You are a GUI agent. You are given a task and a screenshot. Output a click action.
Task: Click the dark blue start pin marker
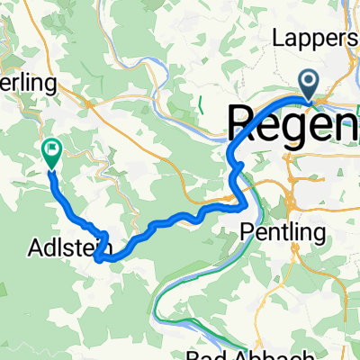click(x=310, y=86)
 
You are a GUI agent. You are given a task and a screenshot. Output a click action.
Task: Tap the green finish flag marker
click(x=52, y=155)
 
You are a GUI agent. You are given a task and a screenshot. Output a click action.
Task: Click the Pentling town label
click(x=283, y=232)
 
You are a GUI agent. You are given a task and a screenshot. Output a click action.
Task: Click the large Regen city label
click(x=293, y=121)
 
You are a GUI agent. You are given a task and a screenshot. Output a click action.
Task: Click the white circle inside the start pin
click(x=310, y=83)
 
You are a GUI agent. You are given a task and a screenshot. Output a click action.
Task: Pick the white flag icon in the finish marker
click(x=52, y=151)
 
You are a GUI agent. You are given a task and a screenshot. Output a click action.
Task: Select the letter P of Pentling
click(x=247, y=232)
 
